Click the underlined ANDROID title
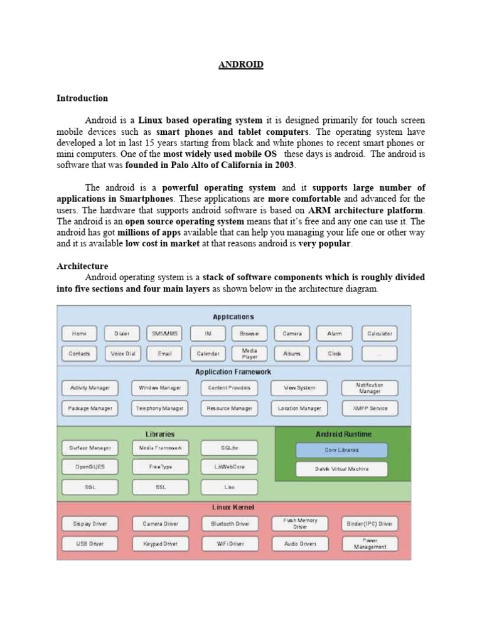(241, 65)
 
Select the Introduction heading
(82, 98)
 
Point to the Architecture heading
(82, 266)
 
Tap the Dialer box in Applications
(122, 334)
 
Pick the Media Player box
(250, 354)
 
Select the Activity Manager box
(90, 388)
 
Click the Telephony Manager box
(160, 408)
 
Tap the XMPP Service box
(370, 408)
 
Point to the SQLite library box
(229, 448)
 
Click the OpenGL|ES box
(90, 467)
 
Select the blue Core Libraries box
(341, 450)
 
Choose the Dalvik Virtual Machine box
(341, 469)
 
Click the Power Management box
(370, 543)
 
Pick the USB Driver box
(90, 544)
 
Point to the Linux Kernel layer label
(233, 507)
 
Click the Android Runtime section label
(343, 434)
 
